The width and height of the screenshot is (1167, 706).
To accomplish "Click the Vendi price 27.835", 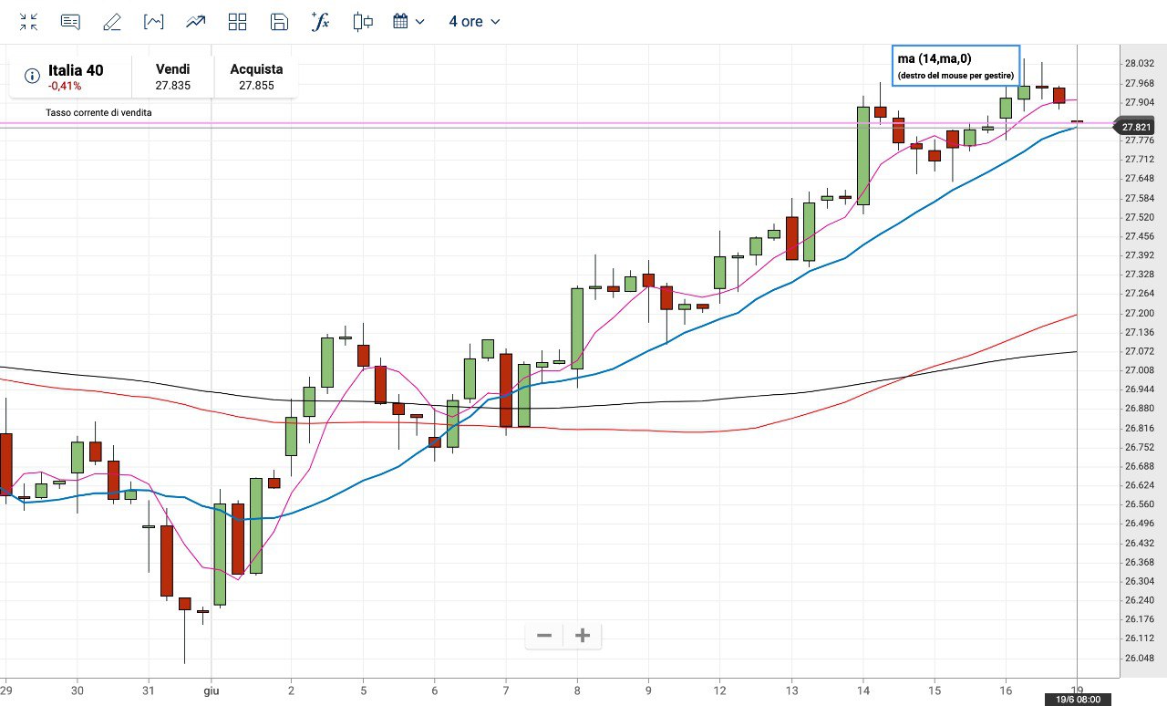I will [x=172, y=85].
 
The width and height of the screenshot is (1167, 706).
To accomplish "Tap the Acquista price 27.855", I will [x=256, y=85].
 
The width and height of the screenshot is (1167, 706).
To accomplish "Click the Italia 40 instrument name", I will [x=76, y=70].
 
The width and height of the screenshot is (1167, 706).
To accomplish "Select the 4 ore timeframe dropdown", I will [x=474, y=21].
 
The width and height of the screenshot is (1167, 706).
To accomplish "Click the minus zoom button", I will [x=544, y=636].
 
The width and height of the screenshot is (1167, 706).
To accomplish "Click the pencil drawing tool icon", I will [x=112, y=22].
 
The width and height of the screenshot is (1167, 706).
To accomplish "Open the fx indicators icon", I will [x=320, y=22].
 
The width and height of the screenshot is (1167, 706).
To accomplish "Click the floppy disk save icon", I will [x=280, y=22].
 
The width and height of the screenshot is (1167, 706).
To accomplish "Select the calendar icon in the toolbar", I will [x=400, y=22].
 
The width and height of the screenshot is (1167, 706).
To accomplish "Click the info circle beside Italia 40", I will [x=32, y=76].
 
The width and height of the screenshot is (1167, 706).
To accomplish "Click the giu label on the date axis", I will [x=211, y=690].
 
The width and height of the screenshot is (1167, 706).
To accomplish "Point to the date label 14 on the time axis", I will [x=863, y=690].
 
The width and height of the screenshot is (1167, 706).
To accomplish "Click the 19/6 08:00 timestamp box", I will [x=1078, y=700].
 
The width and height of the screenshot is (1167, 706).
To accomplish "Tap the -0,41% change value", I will [x=65, y=86].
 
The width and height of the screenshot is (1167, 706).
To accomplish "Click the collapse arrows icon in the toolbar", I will [x=28, y=22].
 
